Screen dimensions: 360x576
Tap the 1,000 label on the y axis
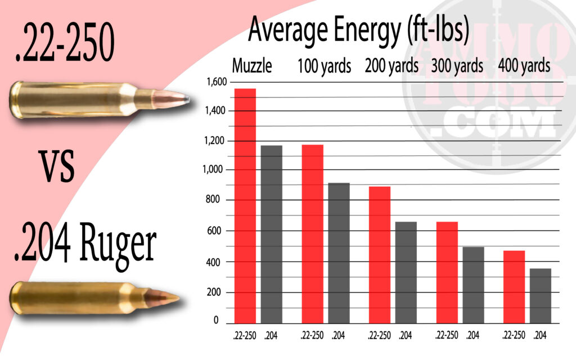[212, 170]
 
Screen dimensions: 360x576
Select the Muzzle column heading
[253, 66]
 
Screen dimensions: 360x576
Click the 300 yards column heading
[457, 66]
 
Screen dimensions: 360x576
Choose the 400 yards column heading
[524, 66]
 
